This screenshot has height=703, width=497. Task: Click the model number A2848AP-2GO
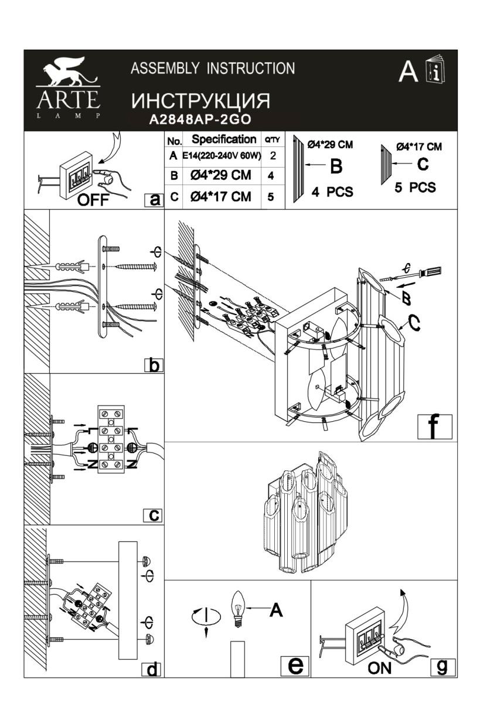[200, 120]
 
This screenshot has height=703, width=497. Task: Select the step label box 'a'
[154, 200]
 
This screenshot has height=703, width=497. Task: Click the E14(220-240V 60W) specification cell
[222, 156]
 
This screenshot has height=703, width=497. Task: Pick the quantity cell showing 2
[273, 156]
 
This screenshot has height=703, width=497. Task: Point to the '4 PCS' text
[332, 192]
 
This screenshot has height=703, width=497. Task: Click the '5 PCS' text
[415, 187]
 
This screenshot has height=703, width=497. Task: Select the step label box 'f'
[434, 426]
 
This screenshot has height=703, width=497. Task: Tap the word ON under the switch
[380, 668]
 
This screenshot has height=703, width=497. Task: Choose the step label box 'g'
[442, 667]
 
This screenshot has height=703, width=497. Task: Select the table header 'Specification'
[224, 139]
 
